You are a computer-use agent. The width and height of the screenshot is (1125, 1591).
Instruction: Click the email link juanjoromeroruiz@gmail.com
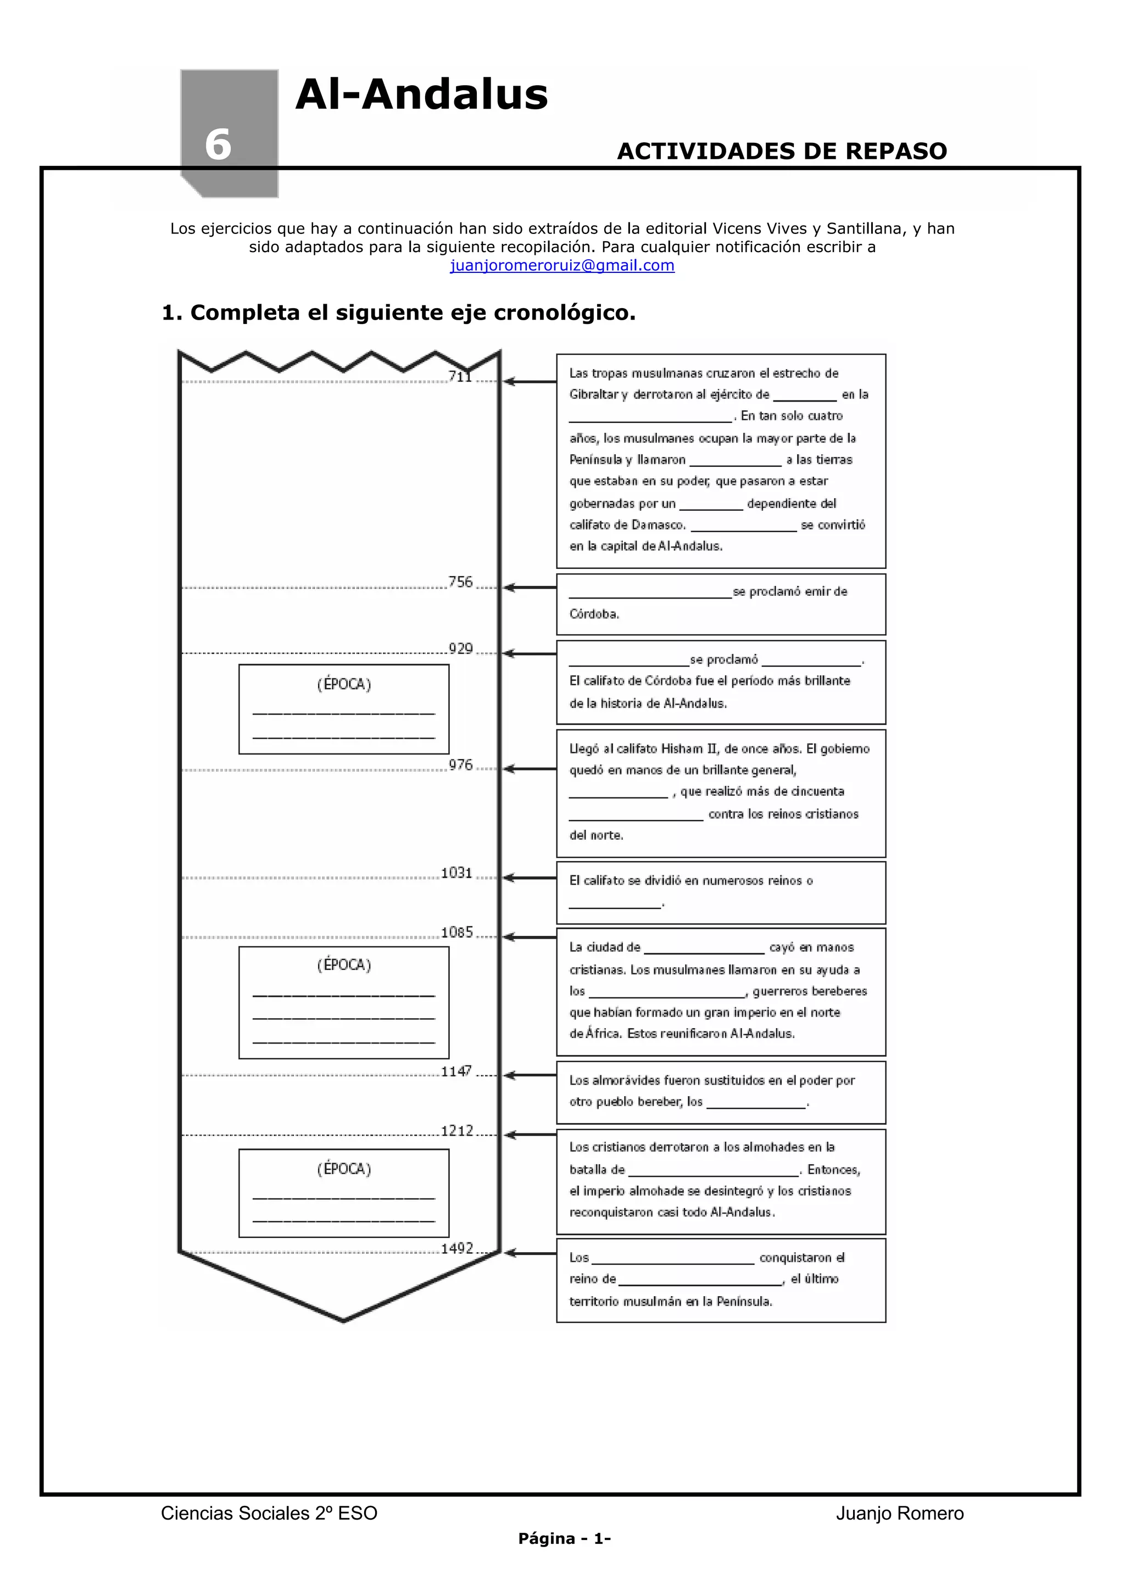coord(562,265)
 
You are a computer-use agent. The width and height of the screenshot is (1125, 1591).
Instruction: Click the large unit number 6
coord(218,145)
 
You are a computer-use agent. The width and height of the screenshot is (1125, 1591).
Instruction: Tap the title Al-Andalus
coord(421,94)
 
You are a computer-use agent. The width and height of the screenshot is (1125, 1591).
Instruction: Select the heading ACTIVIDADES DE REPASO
coord(782,151)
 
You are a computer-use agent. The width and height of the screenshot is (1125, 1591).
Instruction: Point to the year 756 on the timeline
coord(460,582)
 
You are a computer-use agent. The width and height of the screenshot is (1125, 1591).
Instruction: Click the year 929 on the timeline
coord(460,649)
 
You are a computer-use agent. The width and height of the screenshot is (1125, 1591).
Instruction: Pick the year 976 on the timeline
coord(460,765)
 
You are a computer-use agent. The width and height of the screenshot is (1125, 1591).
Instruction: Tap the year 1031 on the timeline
coord(457,873)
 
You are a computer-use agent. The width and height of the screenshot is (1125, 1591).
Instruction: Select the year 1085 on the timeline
coord(457,933)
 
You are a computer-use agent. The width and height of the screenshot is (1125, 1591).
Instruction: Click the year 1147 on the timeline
coord(457,1071)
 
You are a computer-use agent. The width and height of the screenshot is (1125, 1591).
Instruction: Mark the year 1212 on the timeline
coord(457,1131)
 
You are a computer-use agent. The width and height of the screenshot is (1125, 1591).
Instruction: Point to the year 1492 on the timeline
coord(457,1249)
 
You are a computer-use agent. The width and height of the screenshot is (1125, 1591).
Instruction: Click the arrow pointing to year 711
coord(529,381)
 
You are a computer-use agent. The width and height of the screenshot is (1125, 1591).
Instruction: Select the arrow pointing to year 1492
coord(529,1253)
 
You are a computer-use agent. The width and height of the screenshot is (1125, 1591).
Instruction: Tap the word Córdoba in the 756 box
coord(594,614)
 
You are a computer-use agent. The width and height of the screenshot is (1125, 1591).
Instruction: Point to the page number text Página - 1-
coord(564,1539)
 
